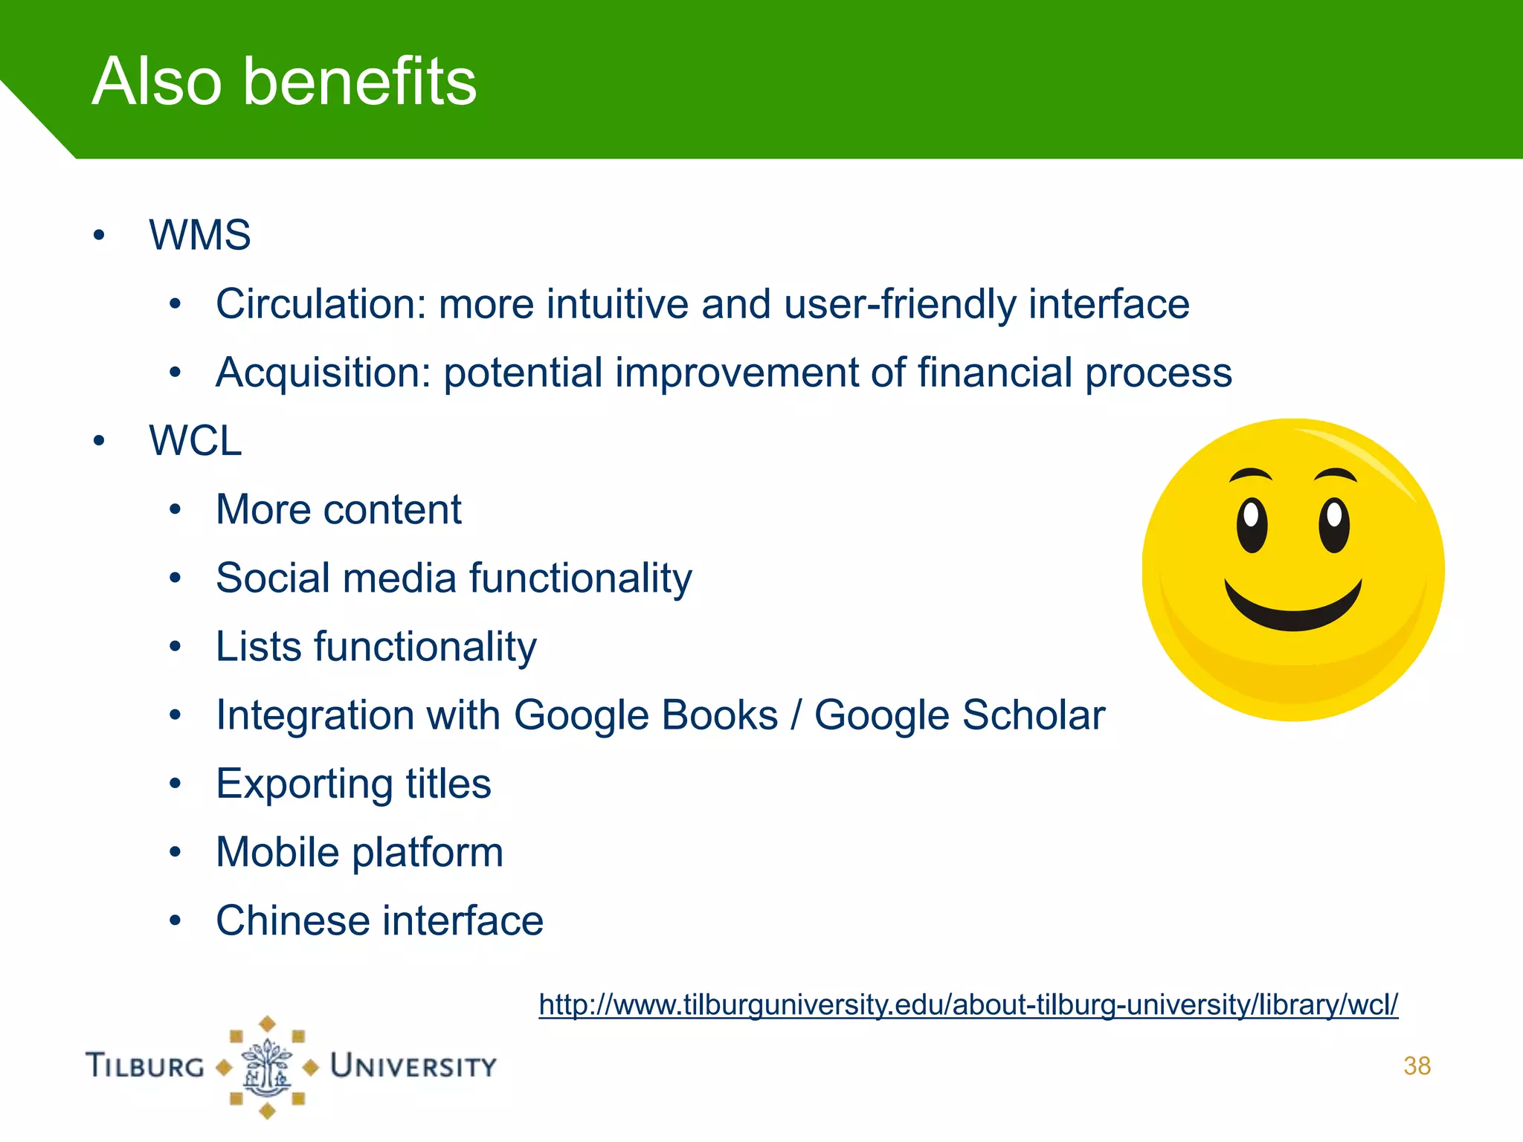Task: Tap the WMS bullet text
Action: pos(199,236)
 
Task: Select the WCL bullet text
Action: pos(195,441)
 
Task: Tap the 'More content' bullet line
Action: pos(338,510)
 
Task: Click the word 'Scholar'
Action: pos(1033,715)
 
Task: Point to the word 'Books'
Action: pos(720,715)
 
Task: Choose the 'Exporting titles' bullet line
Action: pos(353,784)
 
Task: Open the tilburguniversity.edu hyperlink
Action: pos(967,1005)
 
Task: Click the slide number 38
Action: pos(1417,1066)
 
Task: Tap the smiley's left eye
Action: pos(1252,524)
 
